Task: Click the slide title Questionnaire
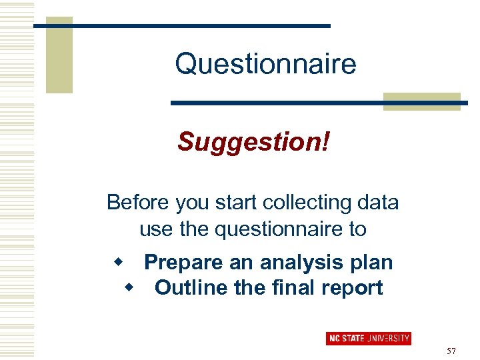(265, 65)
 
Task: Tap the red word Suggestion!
(253, 141)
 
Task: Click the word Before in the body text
(139, 202)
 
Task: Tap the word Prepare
(183, 262)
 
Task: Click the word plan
(373, 262)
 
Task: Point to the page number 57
(451, 351)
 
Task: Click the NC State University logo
(368, 339)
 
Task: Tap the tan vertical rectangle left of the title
(59, 57)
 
